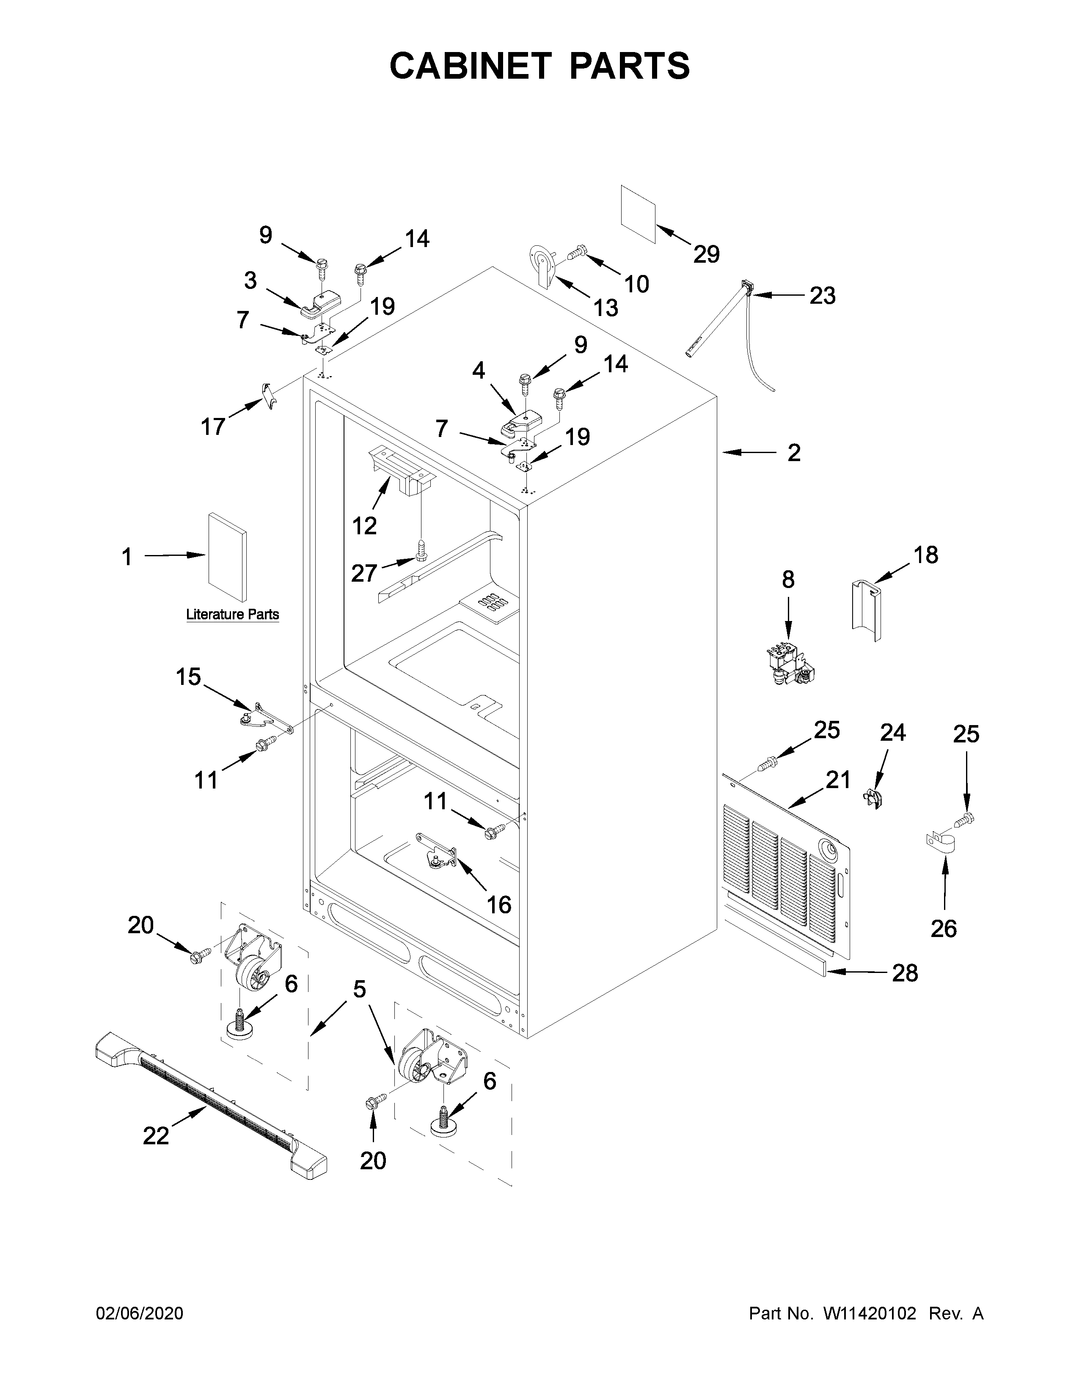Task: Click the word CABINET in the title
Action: coord(470,66)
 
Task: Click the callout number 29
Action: coord(706,254)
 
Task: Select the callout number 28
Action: coord(905,973)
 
